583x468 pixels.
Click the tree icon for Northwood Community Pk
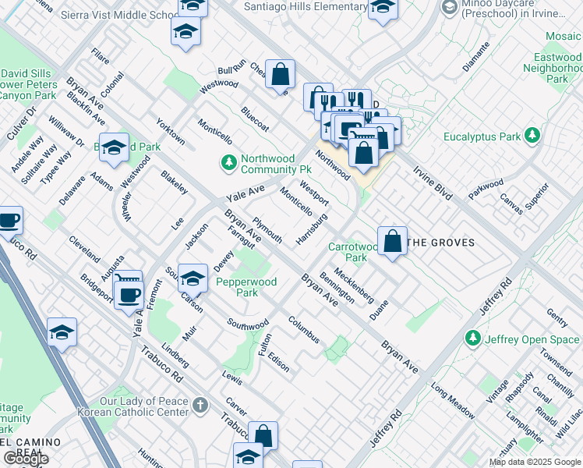(x=228, y=162)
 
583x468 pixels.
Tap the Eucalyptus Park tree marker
(x=533, y=136)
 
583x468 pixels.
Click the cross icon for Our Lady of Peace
(x=200, y=404)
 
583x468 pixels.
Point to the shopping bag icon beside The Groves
(x=393, y=239)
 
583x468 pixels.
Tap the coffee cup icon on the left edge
(x=9, y=220)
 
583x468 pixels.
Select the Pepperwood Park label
(x=246, y=287)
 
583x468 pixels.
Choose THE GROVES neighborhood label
(x=441, y=243)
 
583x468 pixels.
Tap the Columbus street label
(x=303, y=329)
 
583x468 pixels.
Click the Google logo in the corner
(x=26, y=458)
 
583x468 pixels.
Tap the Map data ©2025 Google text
(x=535, y=462)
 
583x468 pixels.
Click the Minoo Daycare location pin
(x=449, y=8)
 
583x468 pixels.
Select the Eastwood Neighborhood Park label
(x=557, y=68)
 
